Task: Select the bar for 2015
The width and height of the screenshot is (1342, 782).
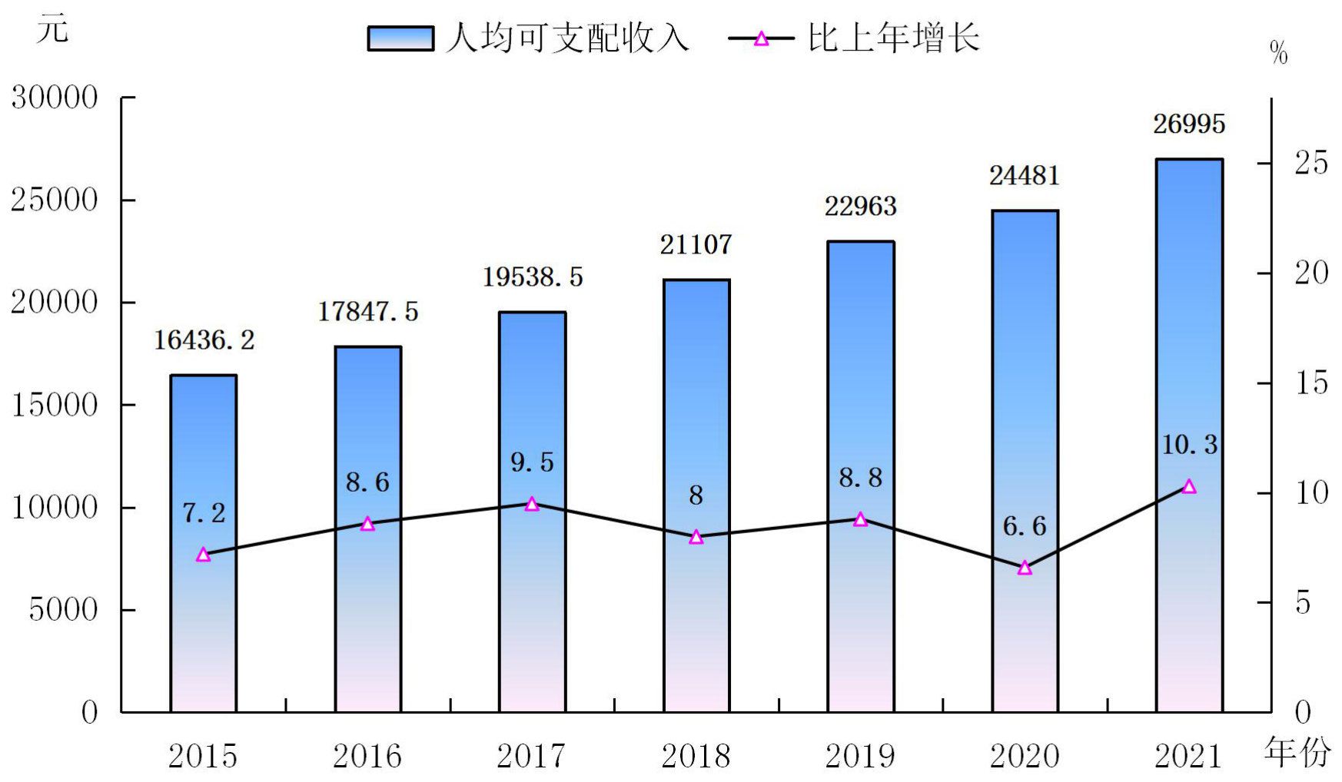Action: pos(203,543)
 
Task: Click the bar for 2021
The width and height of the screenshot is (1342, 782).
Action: pos(1189,436)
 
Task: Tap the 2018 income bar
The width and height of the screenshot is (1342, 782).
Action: pos(696,495)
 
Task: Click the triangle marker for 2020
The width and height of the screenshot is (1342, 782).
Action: pos(1025,568)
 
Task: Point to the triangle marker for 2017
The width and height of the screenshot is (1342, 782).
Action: pos(532,504)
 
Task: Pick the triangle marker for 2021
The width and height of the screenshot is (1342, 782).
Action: pos(1189,486)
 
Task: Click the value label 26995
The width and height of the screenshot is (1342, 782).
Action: pos(1189,124)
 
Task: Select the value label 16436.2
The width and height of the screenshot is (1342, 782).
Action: pos(204,340)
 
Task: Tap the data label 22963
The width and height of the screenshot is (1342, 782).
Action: pos(861,206)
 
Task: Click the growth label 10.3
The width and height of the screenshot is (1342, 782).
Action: pos(1189,445)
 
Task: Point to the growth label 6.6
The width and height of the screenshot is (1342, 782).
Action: pos(1025,526)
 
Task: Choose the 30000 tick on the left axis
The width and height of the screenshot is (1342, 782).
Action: pos(55,98)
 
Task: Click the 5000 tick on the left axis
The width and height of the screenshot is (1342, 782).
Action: pos(64,610)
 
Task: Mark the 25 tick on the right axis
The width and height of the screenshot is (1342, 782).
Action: pos(1311,163)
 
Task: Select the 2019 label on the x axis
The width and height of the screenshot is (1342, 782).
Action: pos(861,757)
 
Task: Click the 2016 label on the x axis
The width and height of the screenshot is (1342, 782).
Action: pos(367,757)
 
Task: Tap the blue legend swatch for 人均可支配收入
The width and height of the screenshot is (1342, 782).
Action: pos(400,38)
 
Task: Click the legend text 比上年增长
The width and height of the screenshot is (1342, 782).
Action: pos(894,38)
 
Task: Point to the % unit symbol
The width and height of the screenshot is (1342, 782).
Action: pos(1279,53)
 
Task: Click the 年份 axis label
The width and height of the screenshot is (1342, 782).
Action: pos(1297,752)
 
